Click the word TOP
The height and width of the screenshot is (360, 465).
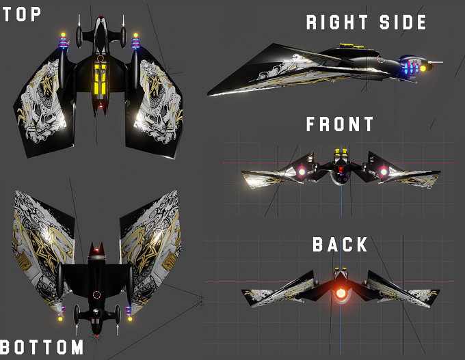click(x=22, y=14)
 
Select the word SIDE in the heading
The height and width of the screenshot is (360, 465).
click(x=403, y=23)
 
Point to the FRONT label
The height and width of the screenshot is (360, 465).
click(x=340, y=124)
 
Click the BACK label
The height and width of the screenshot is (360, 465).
click(x=340, y=245)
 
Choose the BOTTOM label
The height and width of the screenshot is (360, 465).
click(x=42, y=347)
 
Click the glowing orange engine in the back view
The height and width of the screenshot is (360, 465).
click(x=341, y=293)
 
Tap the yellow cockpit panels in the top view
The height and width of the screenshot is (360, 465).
click(x=101, y=79)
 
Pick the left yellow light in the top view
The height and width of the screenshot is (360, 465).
click(x=63, y=35)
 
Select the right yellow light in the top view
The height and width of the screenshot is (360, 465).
click(x=136, y=36)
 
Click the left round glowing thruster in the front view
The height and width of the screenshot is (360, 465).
click(x=302, y=171)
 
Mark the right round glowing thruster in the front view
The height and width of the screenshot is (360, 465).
click(x=383, y=171)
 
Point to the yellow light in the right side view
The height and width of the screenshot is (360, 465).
click(x=423, y=68)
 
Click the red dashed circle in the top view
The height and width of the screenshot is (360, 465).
click(x=101, y=58)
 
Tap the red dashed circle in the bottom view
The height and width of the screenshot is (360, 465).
click(x=96, y=294)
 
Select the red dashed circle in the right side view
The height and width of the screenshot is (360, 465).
click(x=381, y=59)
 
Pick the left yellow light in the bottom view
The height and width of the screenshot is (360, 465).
click(x=60, y=319)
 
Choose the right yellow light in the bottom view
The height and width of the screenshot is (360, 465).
click(x=130, y=319)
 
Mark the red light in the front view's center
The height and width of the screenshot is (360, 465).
click(x=341, y=169)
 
